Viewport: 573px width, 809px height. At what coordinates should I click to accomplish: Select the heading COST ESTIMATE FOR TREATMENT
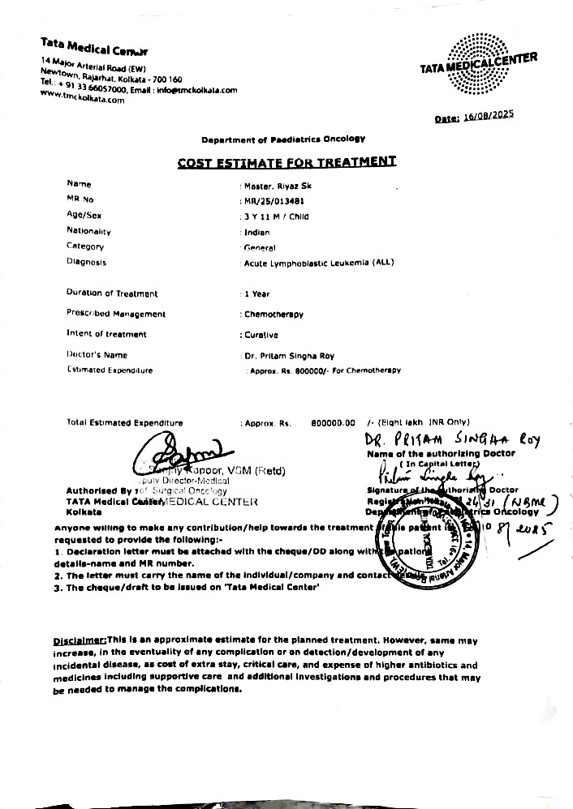(286, 161)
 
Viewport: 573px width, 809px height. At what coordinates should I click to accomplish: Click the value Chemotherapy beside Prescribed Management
(274, 314)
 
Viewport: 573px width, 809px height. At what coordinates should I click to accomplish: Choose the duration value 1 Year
(257, 293)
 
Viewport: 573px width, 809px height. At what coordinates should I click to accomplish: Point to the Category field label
(85, 246)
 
